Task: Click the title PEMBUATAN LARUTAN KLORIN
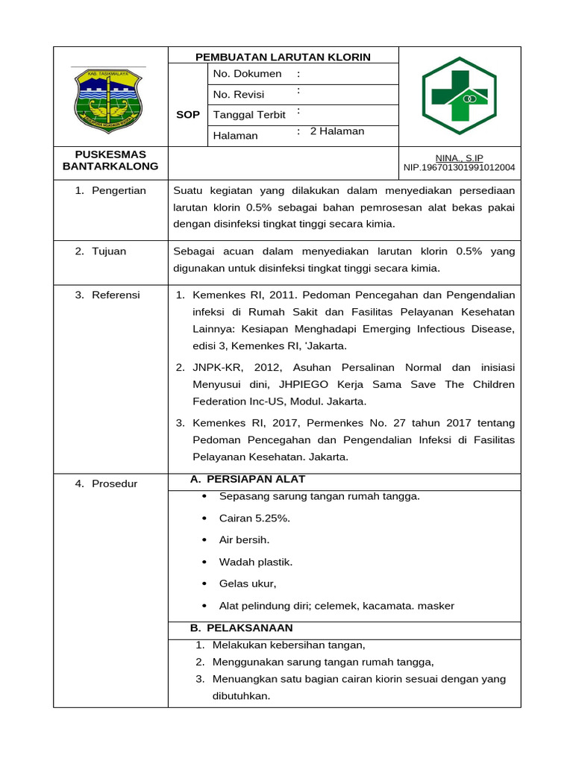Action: point(283,57)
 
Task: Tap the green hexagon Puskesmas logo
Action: point(459,96)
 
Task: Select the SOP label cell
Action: point(187,115)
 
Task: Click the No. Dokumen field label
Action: point(247,74)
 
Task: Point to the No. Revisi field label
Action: point(239,95)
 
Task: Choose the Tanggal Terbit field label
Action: point(249,115)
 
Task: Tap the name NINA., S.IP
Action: point(459,158)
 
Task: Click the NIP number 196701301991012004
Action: point(459,168)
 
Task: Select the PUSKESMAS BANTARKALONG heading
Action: point(110,160)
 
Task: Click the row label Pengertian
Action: point(119,191)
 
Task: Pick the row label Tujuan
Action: point(109,251)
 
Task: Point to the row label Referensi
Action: point(116,295)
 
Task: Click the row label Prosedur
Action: point(115,484)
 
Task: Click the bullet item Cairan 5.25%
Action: point(254,518)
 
